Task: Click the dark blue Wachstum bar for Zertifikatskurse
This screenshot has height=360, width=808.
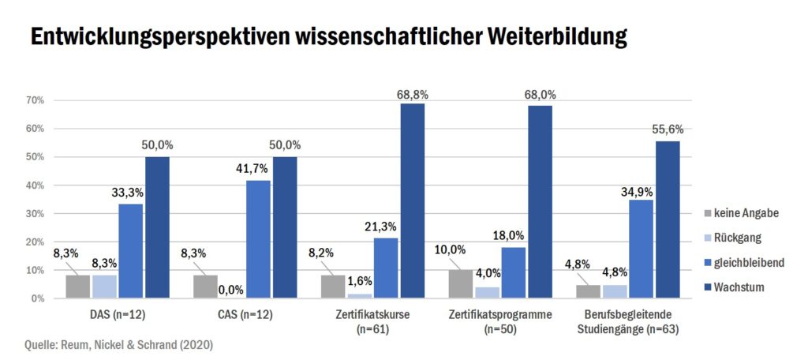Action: tap(413, 201)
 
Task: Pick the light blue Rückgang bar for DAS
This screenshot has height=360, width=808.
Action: tap(104, 287)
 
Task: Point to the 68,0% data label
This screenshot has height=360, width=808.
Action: tap(541, 95)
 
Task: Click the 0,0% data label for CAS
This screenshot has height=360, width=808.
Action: tap(231, 290)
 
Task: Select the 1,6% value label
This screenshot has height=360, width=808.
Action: tap(360, 280)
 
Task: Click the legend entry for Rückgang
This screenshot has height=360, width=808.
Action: tap(737, 238)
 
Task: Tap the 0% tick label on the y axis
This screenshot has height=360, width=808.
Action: tap(37, 298)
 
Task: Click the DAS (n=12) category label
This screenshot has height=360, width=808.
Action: tap(118, 315)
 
